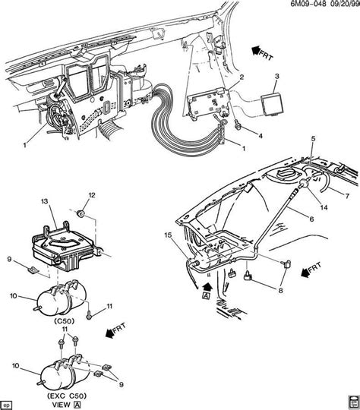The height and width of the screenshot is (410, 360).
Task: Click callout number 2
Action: [242, 77]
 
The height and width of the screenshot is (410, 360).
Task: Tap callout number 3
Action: [276, 77]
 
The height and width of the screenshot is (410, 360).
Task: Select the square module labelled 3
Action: [272, 105]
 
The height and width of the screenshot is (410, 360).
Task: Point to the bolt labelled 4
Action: [238, 126]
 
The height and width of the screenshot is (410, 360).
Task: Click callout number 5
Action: [313, 139]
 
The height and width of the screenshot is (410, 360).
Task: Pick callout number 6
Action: [311, 219]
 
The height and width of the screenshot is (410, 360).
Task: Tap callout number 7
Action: [347, 196]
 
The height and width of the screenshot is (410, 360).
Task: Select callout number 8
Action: [280, 290]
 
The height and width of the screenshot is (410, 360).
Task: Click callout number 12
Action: [92, 195]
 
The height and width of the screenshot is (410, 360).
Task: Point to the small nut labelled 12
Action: [81, 214]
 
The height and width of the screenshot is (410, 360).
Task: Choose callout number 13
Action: [45, 201]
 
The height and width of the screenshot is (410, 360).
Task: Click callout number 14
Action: [324, 207]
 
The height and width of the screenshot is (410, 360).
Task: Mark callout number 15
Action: [168, 235]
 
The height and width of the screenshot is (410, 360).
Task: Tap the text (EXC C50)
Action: [67, 396]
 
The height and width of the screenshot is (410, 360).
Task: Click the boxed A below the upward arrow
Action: [207, 296]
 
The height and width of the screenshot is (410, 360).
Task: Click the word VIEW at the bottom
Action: [62, 405]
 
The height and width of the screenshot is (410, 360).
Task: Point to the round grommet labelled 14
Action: [304, 183]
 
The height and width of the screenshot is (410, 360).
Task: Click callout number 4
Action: [261, 136]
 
